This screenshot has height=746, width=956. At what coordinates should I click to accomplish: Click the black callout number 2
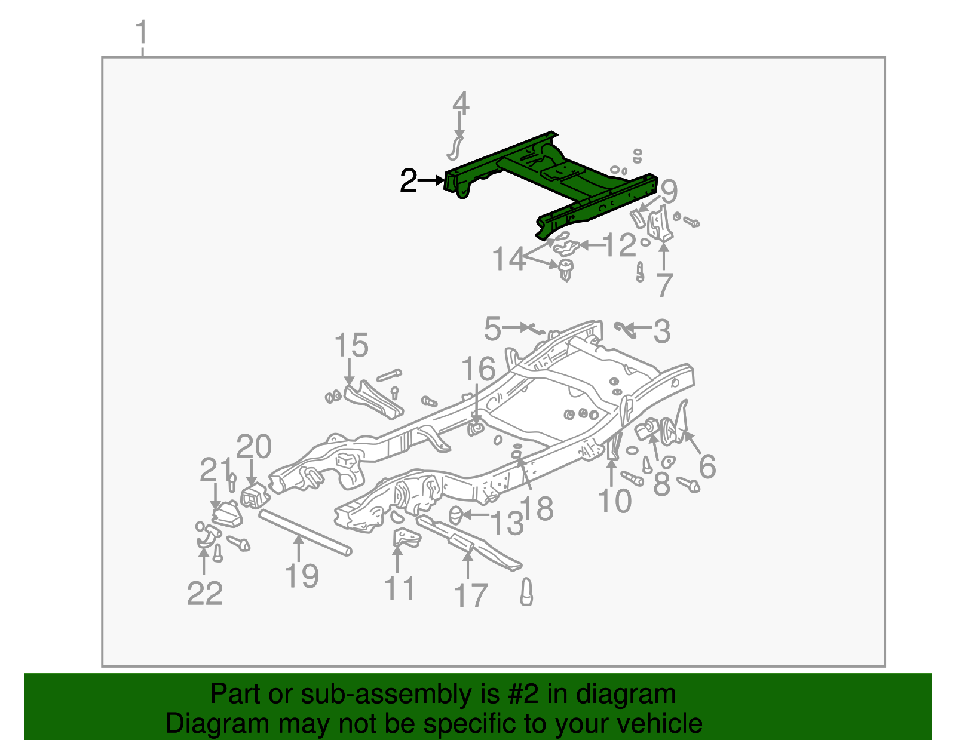point(408,180)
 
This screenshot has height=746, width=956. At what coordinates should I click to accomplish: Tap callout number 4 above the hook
point(460,103)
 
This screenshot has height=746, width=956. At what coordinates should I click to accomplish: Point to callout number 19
point(302,576)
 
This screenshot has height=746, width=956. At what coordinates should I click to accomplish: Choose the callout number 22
point(205,593)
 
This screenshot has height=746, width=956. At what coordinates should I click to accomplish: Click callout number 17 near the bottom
point(471,595)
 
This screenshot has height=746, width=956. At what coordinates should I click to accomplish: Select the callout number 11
point(399,588)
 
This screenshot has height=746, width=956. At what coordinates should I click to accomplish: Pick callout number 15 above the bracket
point(351,345)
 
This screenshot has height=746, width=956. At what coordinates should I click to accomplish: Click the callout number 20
point(254,447)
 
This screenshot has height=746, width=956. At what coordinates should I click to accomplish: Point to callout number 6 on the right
point(707,466)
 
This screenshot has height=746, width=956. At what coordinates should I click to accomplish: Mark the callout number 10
point(614,501)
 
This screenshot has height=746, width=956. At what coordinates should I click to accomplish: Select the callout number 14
point(508,259)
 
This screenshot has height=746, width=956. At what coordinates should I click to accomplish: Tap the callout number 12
point(620,245)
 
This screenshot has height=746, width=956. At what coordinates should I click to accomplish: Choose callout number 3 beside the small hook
point(661,331)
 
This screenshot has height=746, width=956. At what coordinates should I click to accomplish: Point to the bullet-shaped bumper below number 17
point(526,592)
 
